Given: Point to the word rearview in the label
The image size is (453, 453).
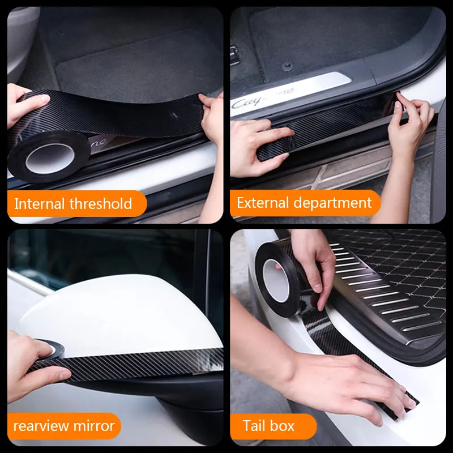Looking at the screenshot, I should pos(40,426).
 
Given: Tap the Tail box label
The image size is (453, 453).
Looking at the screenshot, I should pos(268,426).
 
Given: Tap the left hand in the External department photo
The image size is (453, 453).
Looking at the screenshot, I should pos(258,142).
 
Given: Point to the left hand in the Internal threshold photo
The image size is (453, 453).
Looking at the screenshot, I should pos(25,105).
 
